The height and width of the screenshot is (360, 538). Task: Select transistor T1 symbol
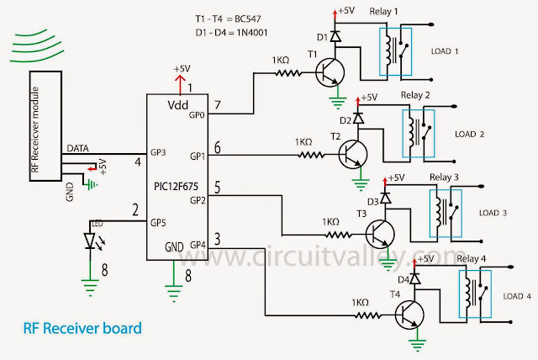330,74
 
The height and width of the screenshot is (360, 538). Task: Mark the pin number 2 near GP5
134,209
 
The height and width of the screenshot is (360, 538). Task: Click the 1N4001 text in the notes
251,33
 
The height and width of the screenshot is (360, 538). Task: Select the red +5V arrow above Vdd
179,81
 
